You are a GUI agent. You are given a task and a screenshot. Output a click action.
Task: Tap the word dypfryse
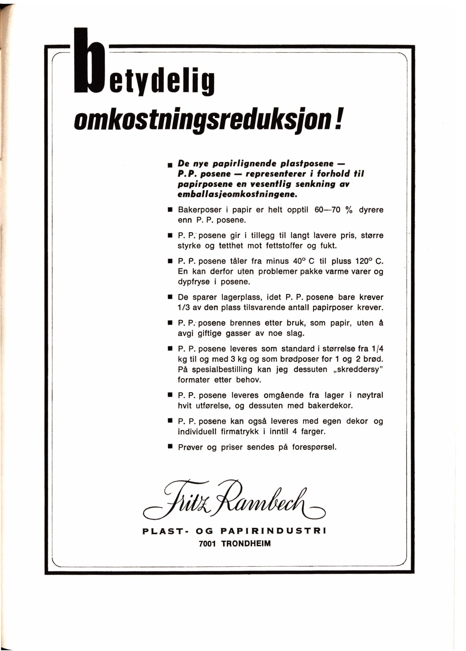194,282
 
